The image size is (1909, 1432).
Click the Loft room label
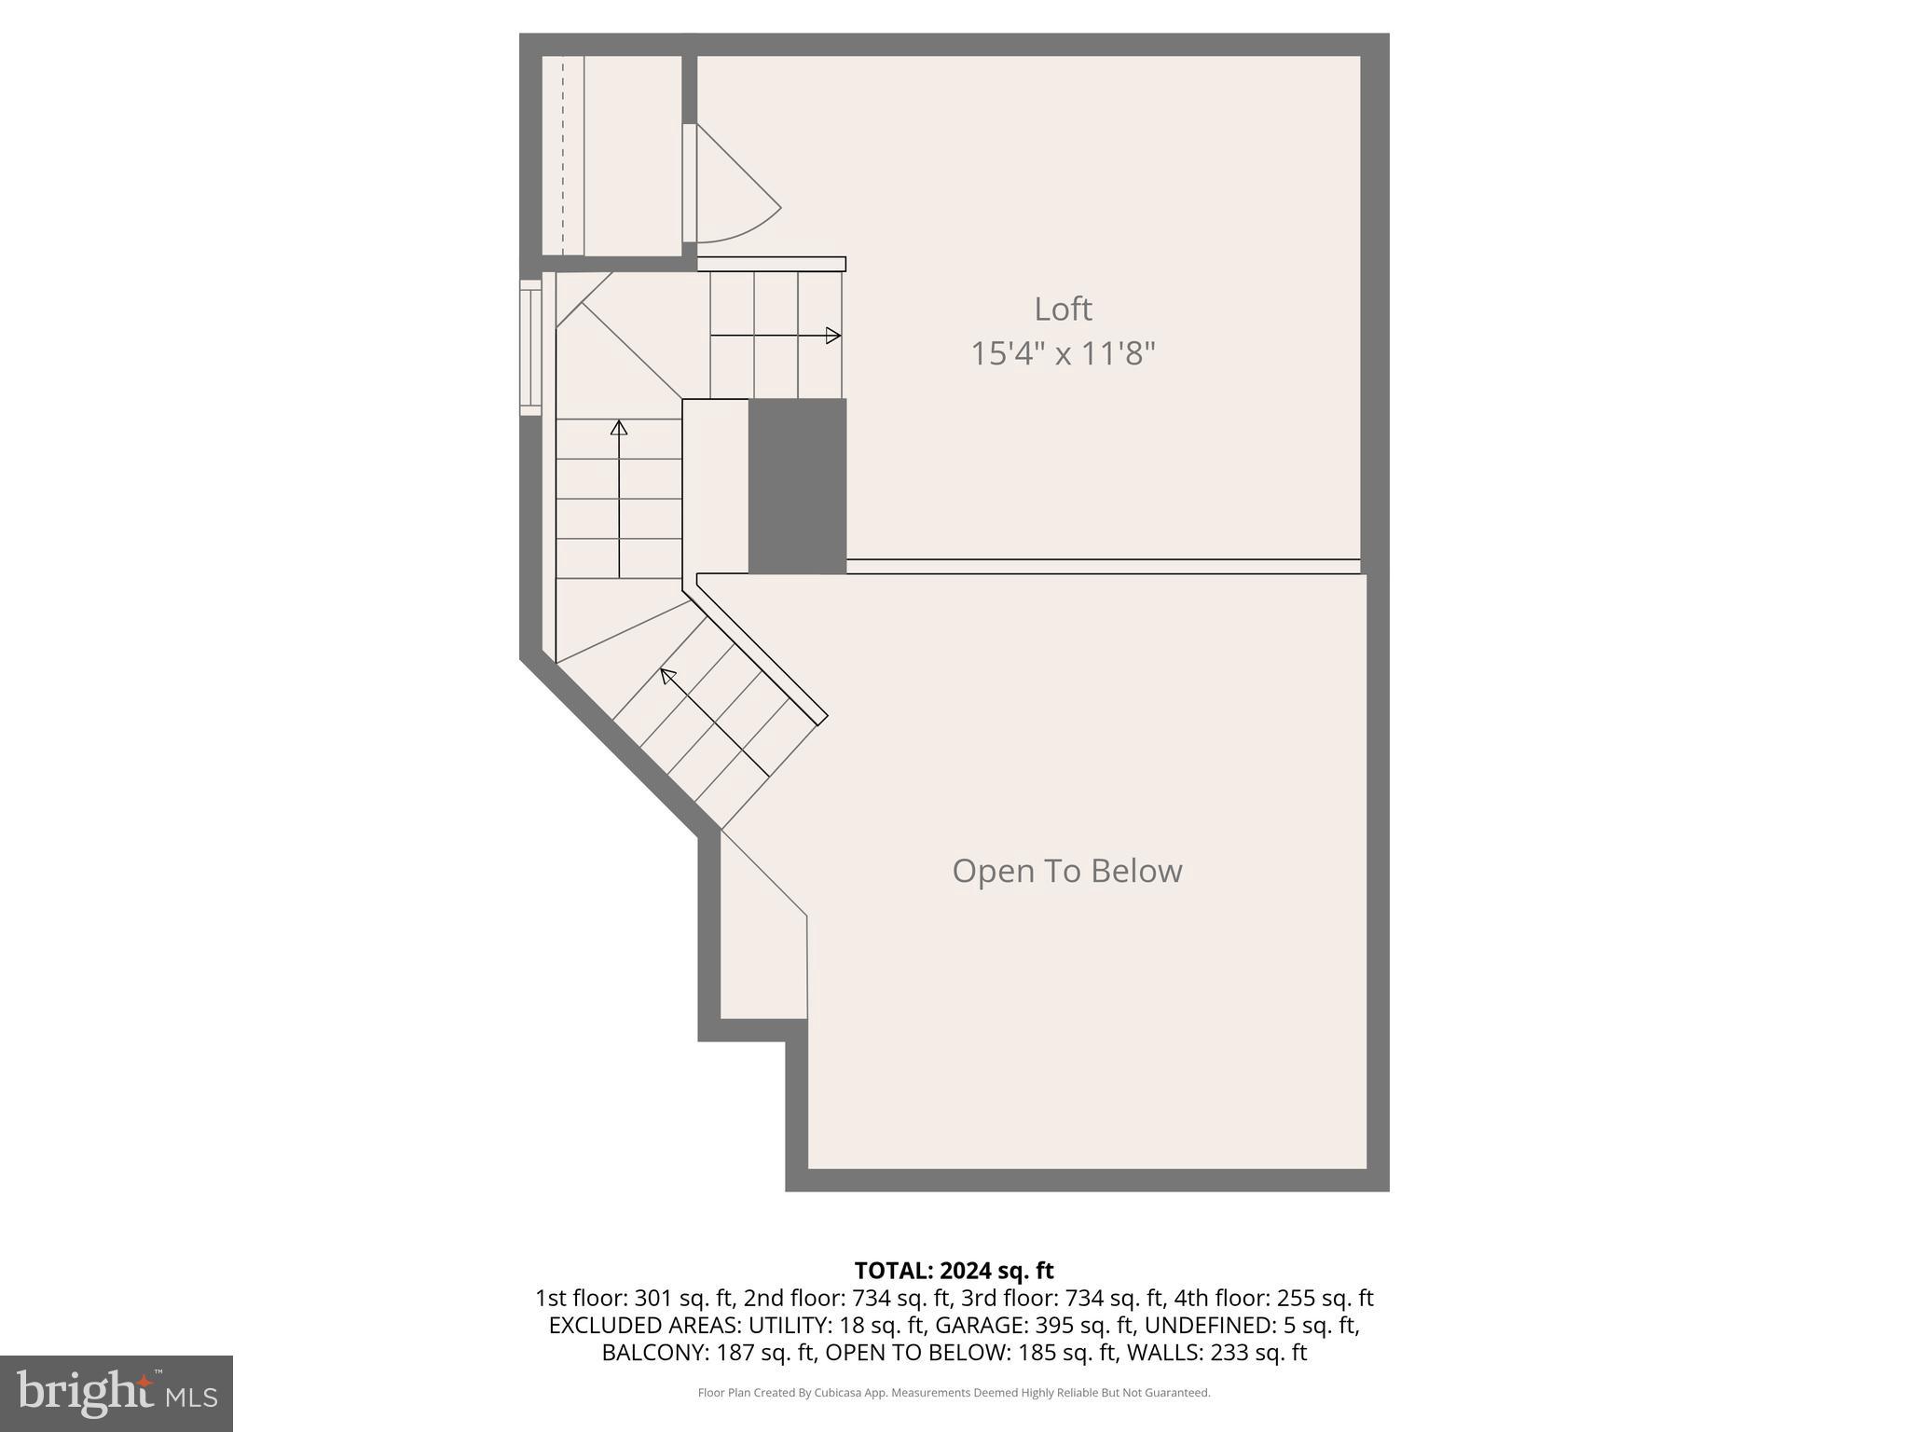point(1063,309)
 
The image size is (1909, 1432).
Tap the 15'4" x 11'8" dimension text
point(1063,354)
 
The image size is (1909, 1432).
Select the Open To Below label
point(1066,871)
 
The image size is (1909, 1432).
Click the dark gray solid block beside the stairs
point(797,486)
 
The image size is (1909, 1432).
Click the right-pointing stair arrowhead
point(833,336)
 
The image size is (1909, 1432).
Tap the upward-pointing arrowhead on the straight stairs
point(619,427)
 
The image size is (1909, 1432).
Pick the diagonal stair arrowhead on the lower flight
point(666,674)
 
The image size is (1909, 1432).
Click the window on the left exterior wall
point(530,347)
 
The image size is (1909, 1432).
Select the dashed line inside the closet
point(563,156)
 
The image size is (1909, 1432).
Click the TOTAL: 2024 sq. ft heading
point(954,1271)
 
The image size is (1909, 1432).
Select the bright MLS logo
point(116,1393)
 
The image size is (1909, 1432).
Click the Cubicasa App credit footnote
point(954,1393)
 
